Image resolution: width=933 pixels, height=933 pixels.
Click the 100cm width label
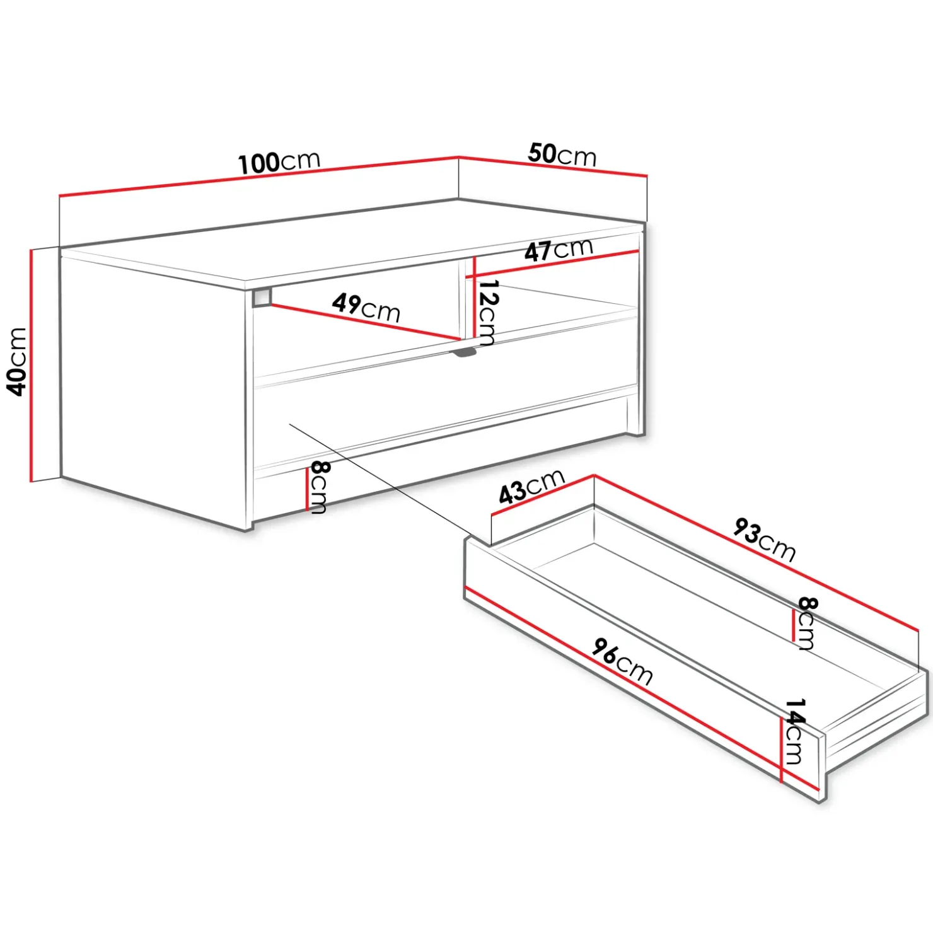(x=279, y=161)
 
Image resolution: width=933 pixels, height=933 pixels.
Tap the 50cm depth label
(x=562, y=154)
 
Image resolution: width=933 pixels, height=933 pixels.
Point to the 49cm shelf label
(x=366, y=308)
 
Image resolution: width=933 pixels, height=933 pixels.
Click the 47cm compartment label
(x=559, y=250)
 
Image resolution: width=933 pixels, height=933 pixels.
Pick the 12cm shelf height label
(x=487, y=313)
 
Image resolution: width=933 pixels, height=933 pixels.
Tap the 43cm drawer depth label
(x=531, y=487)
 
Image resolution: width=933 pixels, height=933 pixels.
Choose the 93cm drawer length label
(x=765, y=540)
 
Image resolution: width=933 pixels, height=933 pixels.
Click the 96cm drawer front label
(x=622, y=661)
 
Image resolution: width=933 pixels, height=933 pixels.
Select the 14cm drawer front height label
(x=796, y=731)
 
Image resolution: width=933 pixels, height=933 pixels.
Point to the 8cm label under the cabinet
(x=319, y=487)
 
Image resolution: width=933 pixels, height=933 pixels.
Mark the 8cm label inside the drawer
(x=806, y=623)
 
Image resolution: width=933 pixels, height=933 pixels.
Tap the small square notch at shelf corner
(x=262, y=298)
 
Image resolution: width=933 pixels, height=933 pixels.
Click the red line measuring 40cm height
(x=31, y=366)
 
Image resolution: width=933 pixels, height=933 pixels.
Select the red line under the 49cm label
(x=366, y=323)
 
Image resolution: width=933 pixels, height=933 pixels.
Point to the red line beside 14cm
(x=782, y=750)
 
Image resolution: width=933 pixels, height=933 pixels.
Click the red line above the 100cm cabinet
(x=258, y=176)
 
